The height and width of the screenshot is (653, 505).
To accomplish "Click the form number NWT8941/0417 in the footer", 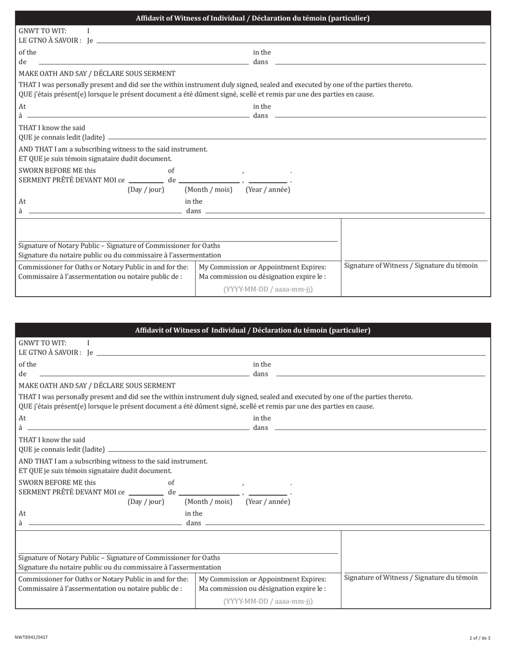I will [x=31, y=637].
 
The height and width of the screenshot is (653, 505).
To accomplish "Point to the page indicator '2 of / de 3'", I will [x=479, y=638].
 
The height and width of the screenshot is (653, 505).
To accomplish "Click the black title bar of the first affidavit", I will [x=252, y=19].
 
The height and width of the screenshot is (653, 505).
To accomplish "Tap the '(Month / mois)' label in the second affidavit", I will [x=208, y=502].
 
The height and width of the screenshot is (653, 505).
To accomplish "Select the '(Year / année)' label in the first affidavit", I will [x=268, y=190].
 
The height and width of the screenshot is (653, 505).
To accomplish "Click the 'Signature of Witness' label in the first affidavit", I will [x=411, y=265].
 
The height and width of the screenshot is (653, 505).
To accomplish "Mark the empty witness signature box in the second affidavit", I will [x=415, y=551].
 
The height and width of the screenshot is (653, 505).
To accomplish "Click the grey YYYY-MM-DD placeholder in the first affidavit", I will [x=268, y=289].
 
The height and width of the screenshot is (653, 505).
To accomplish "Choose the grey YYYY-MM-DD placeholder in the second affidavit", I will [x=268, y=602].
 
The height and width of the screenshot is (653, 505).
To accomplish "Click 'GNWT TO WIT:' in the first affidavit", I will [x=43, y=31].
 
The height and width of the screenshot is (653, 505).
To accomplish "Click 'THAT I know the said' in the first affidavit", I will [x=52, y=128].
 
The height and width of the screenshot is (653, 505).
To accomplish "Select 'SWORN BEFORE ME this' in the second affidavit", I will [x=57, y=483].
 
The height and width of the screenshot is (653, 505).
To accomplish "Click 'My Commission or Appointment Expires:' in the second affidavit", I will [x=262, y=579].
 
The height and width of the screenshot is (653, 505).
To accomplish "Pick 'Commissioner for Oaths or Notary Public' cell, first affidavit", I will [x=104, y=267].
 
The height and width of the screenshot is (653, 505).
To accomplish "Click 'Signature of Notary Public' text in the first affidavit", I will [x=119, y=246].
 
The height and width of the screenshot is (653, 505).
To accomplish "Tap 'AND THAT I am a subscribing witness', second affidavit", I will [x=113, y=461].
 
